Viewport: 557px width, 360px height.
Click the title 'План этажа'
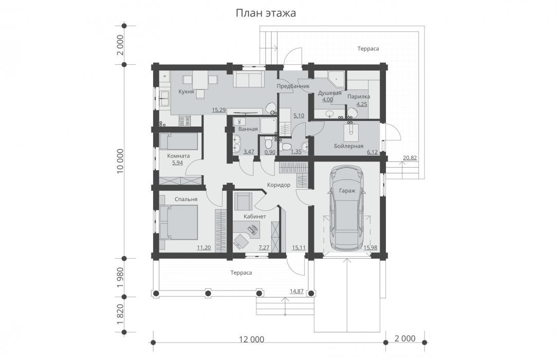tap(266, 13)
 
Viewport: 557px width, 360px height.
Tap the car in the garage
tap(347, 208)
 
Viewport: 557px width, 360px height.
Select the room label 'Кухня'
tap(186, 92)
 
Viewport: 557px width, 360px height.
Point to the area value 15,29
tap(219, 110)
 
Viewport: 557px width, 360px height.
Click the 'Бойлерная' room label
tap(348, 146)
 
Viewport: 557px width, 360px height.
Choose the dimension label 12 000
tap(251, 339)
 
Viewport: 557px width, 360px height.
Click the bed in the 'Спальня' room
tap(178, 222)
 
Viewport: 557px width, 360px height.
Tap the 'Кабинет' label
tap(255, 217)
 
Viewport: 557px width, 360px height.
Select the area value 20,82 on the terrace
tap(410, 158)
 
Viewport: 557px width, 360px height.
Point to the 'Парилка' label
tap(359, 97)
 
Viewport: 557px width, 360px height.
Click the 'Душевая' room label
tap(330, 93)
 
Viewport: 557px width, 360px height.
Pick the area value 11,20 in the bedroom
tap(204, 248)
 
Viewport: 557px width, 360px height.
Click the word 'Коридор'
tap(279, 185)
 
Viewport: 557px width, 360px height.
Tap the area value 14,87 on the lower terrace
tap(296, 292)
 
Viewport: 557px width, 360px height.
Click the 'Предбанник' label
tap(293, 86)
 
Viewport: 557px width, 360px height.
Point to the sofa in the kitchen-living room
tap(248, 79)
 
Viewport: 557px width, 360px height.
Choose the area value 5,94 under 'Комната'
tap(178, 163)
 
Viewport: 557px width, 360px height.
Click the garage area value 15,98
tap(370, 248)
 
